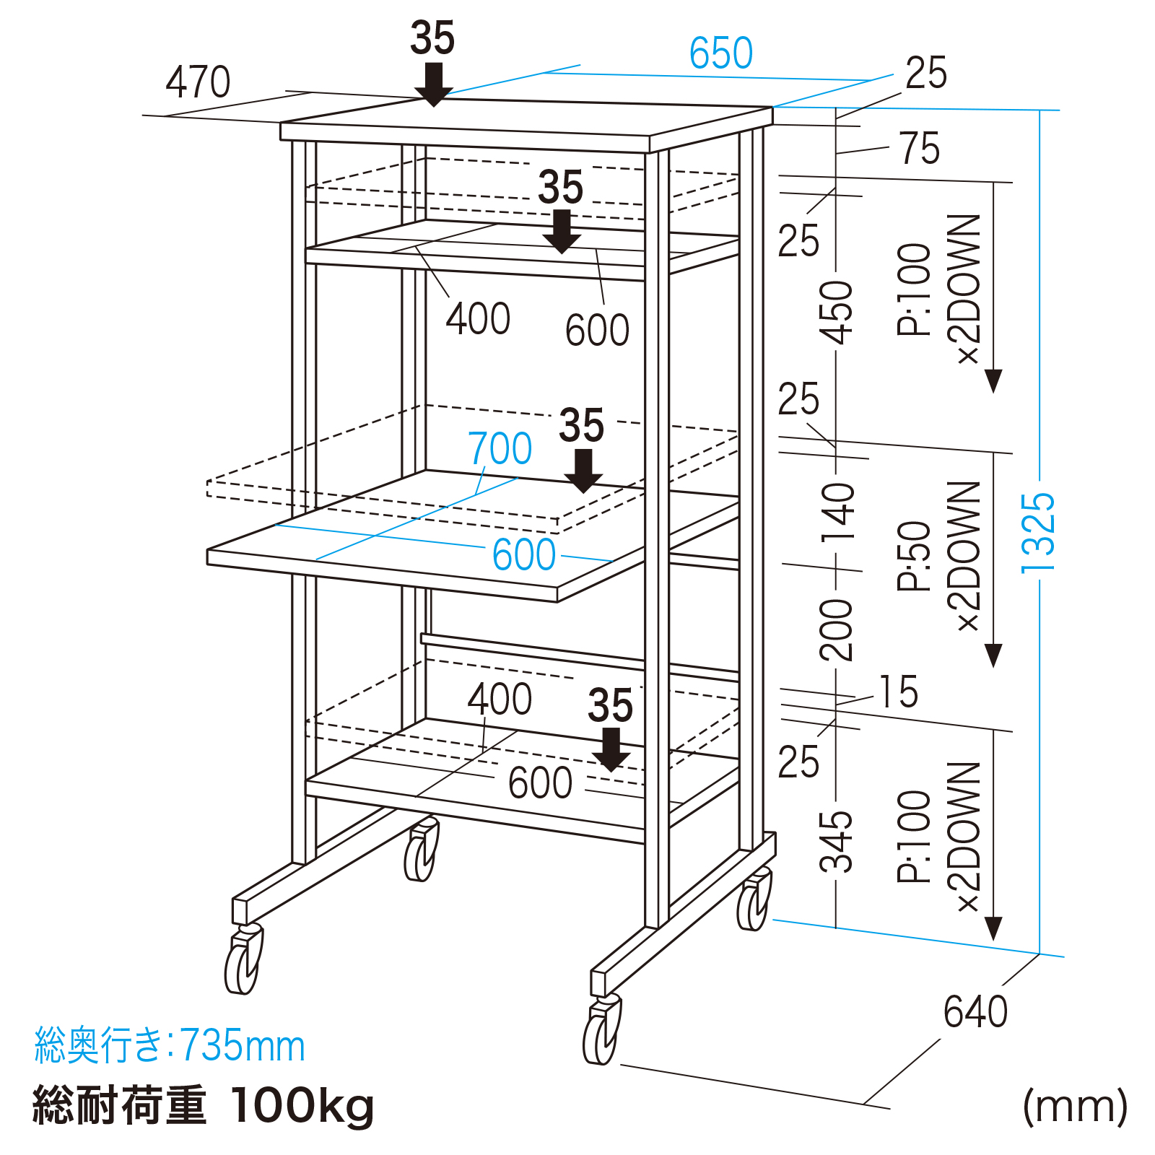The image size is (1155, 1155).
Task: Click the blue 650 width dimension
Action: [720, 53]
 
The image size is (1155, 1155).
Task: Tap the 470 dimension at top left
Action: [198, 82]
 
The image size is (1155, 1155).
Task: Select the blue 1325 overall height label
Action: [1038, 533]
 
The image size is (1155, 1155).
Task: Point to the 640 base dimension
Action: [975, 1011]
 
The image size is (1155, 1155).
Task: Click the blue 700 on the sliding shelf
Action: [500, 448]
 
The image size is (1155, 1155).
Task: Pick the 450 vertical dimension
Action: [837, 312]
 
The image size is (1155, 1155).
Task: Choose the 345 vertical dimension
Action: [837, 841]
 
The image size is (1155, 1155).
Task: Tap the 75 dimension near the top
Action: [920, 149]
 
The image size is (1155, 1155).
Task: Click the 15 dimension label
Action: [898, 692]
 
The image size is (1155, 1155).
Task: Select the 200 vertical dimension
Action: [837, 629]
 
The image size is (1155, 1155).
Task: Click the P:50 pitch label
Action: [914, 556]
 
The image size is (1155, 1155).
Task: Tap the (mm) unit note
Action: [1075, 1106]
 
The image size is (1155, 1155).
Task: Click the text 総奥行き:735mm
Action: [170, 1045]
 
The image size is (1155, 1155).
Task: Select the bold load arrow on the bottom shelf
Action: [611, 749]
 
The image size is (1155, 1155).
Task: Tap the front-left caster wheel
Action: [243, 962]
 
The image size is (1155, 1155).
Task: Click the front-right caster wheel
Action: [602, 1032]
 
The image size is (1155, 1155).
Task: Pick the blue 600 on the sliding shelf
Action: [523, 555]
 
